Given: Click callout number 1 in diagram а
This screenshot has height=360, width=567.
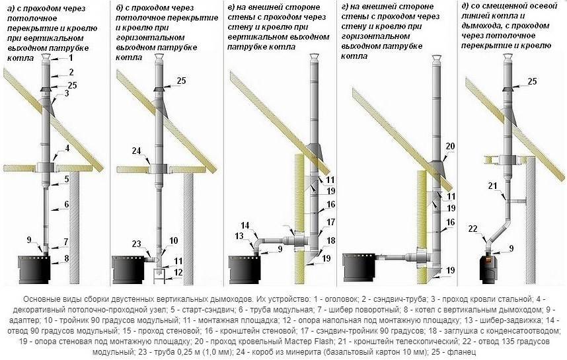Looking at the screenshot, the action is point(71,57).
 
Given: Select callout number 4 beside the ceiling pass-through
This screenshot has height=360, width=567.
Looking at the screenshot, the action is point(67,148).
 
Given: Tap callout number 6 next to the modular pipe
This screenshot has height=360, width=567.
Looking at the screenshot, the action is point(67,204).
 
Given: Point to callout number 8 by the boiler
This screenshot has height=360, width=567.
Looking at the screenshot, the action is point(66,259).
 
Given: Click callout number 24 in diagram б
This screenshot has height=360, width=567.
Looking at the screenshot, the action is point(136,151).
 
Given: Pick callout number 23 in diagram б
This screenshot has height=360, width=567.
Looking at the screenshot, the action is point(136,244).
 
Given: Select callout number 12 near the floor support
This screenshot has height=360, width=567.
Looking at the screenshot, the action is point(178,271).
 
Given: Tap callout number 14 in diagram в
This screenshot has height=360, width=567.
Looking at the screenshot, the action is point(245,225).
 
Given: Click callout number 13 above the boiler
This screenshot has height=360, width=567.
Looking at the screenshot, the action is point(239,236).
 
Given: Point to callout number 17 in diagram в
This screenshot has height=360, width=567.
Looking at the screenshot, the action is point(331,221).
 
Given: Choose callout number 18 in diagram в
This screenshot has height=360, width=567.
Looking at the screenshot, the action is point(331,240).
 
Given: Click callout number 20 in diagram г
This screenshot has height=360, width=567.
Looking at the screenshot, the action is point(450,147).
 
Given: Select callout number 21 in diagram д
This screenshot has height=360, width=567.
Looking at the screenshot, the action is point(493,186).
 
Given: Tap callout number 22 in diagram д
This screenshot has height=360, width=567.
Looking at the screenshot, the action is point(473,229).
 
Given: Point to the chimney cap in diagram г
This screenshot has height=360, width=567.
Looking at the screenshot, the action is point(437,58).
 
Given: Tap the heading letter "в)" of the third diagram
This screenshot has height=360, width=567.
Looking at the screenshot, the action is point(232,7).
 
